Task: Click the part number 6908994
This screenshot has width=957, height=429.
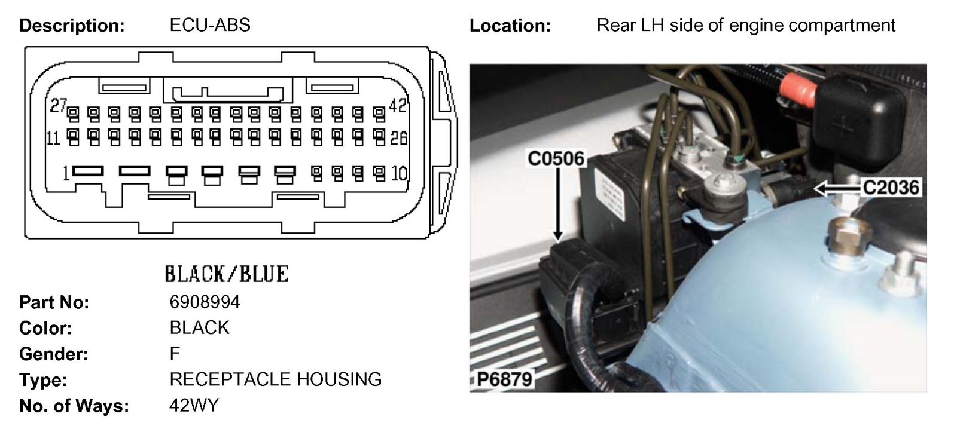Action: click(205, 302)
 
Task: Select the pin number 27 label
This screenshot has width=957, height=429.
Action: click(58, 106)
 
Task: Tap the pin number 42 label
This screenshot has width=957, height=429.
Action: click(398, 106)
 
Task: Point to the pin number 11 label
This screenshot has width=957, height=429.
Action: click(53, 138)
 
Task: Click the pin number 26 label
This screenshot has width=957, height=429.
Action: click(398, 138)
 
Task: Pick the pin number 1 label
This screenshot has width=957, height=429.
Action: click(66, 173)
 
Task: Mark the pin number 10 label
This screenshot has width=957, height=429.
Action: click(399, 173)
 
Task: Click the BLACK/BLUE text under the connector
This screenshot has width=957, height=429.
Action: click(226, 274)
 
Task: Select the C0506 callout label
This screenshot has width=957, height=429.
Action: click(556, 158)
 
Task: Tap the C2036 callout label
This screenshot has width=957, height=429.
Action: click(891, 188)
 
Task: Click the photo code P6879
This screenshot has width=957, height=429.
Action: click(504, 379)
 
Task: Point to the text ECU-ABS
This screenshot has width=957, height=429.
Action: click(210, 25)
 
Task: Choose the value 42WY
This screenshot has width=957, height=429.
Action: click(194, 405)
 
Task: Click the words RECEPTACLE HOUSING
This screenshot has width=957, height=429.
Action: click(275, 379)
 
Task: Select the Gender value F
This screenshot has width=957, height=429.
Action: click(175, 354)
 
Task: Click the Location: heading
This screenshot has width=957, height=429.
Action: click(510, 26)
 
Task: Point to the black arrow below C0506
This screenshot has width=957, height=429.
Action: click(557, 203)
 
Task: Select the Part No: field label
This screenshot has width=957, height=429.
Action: click(54, 302)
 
